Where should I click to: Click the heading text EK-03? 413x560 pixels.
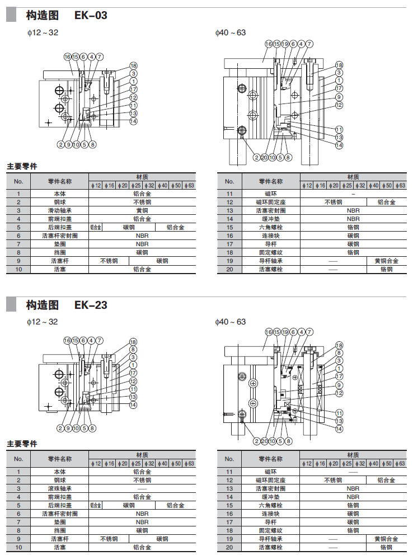[x=91, y=15]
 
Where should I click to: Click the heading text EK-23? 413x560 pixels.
[x=91, y=305]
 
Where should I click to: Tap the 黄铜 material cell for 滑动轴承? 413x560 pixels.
[x=142, y=210]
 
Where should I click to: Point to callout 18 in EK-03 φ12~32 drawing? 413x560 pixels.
[x=133, y=65]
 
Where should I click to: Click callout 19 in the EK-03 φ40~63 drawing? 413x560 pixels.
[x=285, y=44]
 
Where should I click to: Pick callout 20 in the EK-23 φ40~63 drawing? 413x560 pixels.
[x=264, y=441]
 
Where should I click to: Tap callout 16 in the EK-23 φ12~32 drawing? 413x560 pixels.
[x=67, y=340]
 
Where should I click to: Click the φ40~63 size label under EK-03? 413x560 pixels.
[x=231, y=32]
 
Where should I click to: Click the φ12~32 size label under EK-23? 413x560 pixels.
[x=43, y=322]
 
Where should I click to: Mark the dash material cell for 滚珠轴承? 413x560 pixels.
[x=142, y=488]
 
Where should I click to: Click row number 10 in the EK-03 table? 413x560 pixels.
[x=18, y=269]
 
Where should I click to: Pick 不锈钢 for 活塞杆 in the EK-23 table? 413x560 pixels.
[x=109, y=539]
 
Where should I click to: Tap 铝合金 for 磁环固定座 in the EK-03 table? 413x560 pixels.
[x=386, y=202]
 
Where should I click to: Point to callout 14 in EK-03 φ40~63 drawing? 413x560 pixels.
[x=339, y=145]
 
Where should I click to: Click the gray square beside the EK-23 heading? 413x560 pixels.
[x=11, y=305]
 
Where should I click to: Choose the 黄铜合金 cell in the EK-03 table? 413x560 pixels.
[x=386, y=261]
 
